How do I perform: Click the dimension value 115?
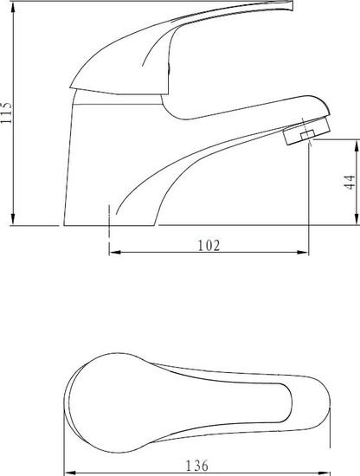click(7, 113)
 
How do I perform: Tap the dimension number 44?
click(350, 182)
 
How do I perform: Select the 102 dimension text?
click(209, 245)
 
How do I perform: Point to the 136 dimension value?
click(197, 466)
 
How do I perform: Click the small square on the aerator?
click(307, 135)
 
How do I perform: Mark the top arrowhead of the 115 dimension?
click(13, 8)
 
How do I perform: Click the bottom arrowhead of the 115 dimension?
click(13, 219)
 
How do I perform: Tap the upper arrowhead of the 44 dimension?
click(357, 145)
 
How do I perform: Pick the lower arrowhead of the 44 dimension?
click(357, 219)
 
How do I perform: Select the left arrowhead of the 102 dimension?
click(115, 252)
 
